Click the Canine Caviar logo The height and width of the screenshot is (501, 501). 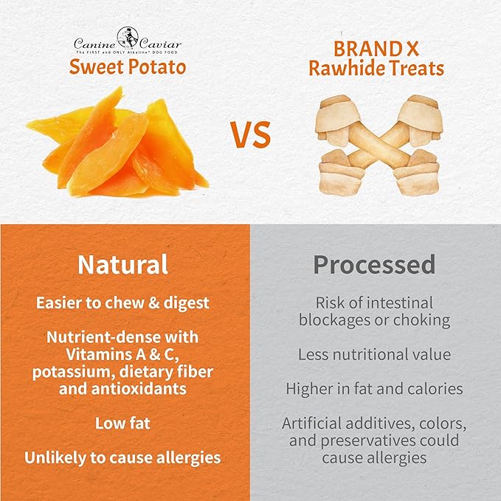(127, 40)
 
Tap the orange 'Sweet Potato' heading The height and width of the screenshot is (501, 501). (127, 66)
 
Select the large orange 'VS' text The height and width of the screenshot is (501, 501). (250, 134)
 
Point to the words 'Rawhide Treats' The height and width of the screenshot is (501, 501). (376, 69)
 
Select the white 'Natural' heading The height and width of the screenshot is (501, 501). (122, 264)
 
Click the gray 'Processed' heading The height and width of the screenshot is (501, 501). (373, 264)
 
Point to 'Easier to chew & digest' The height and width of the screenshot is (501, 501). (122, 303)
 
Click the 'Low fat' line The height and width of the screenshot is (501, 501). (122, 424)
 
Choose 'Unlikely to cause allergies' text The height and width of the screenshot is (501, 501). (122, 457)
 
